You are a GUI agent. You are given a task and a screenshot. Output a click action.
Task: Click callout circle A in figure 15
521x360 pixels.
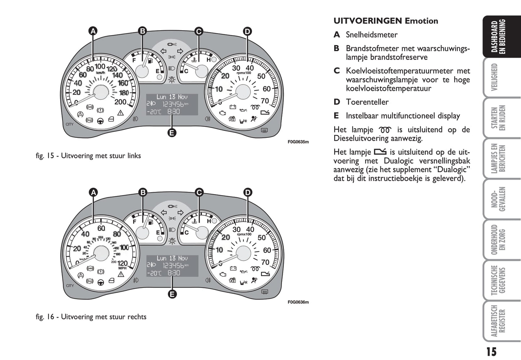coord(93,31)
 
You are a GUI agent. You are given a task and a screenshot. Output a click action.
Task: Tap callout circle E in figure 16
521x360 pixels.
coord(172,294)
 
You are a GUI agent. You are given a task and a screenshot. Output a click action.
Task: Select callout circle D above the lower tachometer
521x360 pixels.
coord(248,193)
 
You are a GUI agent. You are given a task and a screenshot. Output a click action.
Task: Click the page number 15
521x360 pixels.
coord(491,351)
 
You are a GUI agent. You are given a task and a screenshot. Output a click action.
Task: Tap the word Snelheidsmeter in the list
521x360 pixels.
coord(371,35)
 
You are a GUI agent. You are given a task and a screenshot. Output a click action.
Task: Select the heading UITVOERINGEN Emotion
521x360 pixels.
coord(385,21)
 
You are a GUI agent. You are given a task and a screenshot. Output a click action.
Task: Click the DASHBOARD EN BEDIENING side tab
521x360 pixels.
coord(501,37)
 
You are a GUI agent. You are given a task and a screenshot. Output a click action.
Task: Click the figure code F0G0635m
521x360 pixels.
coord(298,142)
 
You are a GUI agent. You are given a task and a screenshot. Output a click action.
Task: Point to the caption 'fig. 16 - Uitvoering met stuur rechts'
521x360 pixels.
coord(91,317)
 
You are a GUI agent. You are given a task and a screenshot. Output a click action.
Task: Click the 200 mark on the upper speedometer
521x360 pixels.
coord(120,102)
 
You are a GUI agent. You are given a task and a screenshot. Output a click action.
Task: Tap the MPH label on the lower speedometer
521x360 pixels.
coord(123,268)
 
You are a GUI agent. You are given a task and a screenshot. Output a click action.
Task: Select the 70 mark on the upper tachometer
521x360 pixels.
coord(265,101)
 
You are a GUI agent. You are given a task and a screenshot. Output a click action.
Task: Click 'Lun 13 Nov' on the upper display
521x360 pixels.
coord(172,97)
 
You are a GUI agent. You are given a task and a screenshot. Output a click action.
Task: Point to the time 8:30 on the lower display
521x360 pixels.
coord(174,273)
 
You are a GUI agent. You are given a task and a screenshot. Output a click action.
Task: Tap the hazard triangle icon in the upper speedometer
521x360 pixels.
coord(120,113)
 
